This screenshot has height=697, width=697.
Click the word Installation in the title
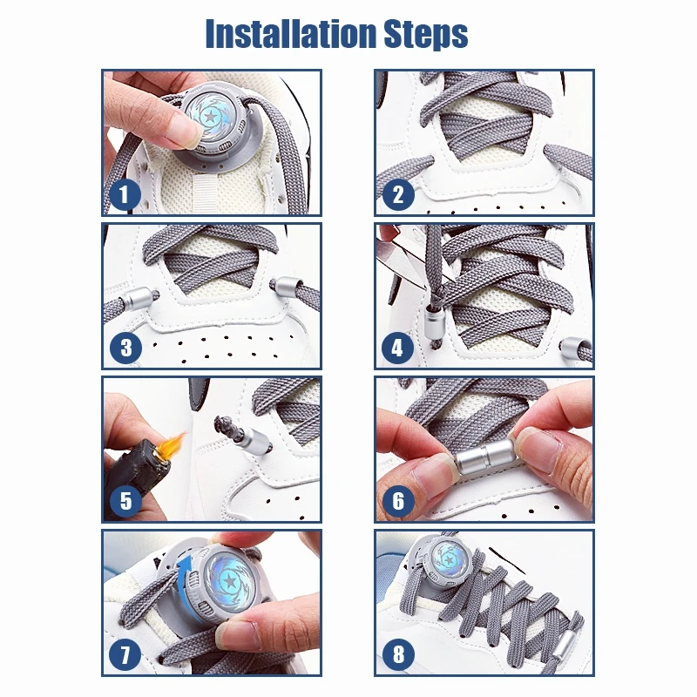pyautogui.click(x=291, y=34)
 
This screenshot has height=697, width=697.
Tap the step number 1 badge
pyautogui.click(x=125, y=194)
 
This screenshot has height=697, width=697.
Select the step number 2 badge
pyautogui.click(x=398, y=194)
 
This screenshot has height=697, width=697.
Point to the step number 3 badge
pyautogui.click(x=125, y=348)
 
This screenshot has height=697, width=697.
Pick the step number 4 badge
pyautogui.click(x=398, y=348)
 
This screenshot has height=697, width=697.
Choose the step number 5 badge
pyautogui.click(x=125, y=501)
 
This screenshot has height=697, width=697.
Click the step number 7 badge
pyautogui.click(x=125, y=654)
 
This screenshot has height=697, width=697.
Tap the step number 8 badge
pyautogui.click(x=399, y=654)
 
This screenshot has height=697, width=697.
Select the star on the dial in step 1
pyautogui.click(x=210, y=117)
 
